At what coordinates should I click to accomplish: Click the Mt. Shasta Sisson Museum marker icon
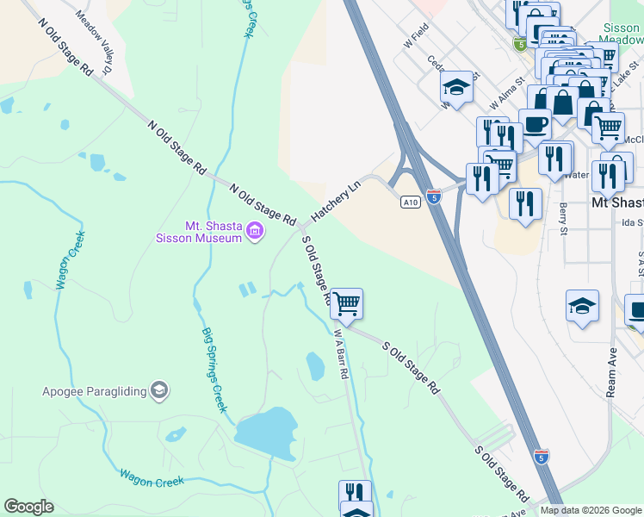254,230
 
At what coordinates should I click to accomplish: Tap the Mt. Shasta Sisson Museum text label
200,231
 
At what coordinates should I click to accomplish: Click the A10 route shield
410,202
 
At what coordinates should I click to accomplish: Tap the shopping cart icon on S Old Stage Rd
346,302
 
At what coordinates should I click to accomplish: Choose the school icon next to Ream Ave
582,306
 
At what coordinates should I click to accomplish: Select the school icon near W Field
456,86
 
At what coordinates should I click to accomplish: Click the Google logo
28,507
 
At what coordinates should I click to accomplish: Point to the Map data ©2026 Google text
590,510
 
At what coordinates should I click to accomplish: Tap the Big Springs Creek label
214,369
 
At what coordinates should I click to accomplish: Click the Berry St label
564,219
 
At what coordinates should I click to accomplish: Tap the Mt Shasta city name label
617,202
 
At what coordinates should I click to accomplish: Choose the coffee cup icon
534,122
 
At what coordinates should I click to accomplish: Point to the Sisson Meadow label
621,34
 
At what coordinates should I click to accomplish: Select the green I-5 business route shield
519,44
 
